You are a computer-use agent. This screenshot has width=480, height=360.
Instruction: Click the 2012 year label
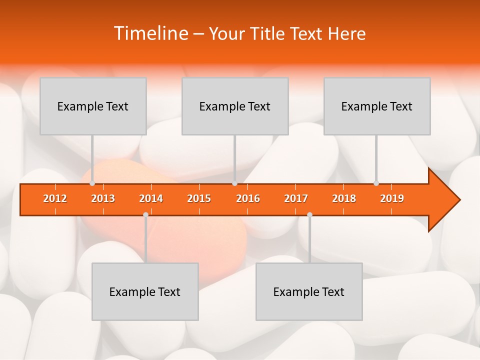55,198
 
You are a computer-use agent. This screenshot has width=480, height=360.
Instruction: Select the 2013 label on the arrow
103,198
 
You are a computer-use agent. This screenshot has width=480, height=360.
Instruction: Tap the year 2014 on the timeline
151,198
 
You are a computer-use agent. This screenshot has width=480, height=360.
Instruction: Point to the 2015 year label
199,198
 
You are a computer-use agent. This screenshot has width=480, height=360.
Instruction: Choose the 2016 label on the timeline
248,198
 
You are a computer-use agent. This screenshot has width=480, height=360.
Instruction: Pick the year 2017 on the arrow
296,198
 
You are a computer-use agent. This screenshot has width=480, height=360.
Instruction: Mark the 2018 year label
344,198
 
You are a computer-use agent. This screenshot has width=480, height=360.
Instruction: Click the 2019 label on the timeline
392,198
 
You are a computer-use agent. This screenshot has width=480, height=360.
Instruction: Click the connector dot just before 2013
92,183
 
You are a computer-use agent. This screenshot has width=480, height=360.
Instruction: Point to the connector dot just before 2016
234,183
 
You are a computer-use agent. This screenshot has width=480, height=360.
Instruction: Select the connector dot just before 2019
376,183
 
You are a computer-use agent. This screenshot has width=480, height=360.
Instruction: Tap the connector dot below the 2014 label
145,215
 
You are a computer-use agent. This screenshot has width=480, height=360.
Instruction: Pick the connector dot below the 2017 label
309,215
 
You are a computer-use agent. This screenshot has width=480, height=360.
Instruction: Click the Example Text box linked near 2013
93,106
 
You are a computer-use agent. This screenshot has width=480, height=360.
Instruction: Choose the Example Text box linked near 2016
235,106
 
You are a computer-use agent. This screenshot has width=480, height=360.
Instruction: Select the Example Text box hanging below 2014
145,291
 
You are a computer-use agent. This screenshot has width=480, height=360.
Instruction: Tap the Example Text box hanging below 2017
309,291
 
